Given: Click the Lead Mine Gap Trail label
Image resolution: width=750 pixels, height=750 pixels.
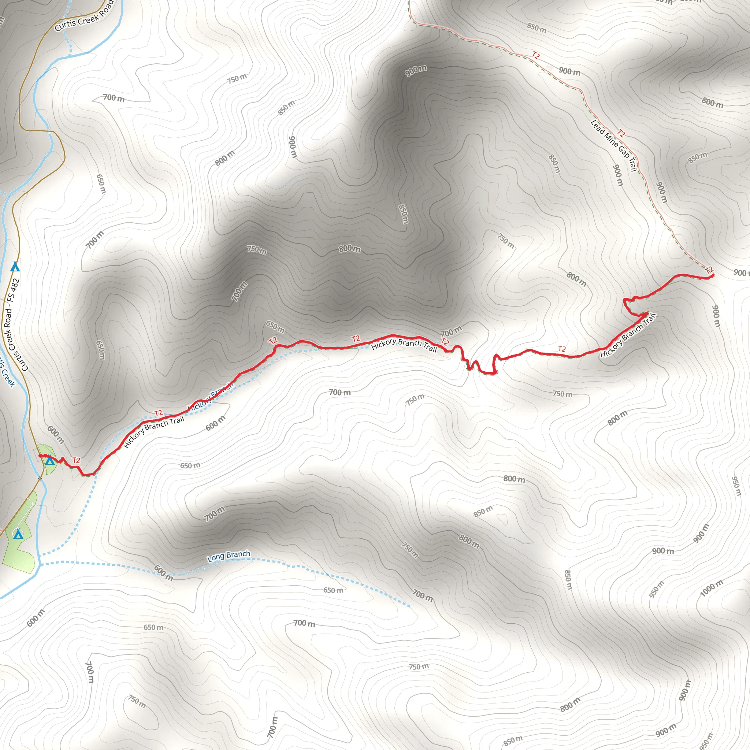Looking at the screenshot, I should [614, 146].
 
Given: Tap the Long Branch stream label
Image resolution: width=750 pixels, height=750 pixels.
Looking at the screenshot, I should [229, 556].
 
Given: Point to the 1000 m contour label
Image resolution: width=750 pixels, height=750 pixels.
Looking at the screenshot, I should [712, 588].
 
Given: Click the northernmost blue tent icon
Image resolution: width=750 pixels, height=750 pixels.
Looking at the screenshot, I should [15, 267].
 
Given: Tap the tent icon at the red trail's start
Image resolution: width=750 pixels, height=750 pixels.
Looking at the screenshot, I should [50, 461].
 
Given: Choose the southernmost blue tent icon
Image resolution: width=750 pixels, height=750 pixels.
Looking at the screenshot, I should [18, 534].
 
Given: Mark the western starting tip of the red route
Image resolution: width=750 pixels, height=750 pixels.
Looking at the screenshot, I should [40, 456].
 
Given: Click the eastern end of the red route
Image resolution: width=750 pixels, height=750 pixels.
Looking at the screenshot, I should [713, 275].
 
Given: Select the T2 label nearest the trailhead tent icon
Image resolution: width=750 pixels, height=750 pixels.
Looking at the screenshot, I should [76, 460].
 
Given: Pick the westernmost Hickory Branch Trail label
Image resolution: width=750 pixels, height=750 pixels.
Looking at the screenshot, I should [154, 432].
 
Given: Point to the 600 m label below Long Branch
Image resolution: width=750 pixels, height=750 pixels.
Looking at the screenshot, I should [163, 573].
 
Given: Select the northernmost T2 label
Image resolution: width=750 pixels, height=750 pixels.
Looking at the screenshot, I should [536, 56].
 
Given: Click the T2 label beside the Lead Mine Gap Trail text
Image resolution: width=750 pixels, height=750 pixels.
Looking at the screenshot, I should [621, 134].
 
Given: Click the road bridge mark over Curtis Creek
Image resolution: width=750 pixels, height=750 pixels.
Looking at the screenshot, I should [40, 478].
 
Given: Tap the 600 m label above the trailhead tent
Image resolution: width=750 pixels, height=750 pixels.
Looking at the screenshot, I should [56, 434].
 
